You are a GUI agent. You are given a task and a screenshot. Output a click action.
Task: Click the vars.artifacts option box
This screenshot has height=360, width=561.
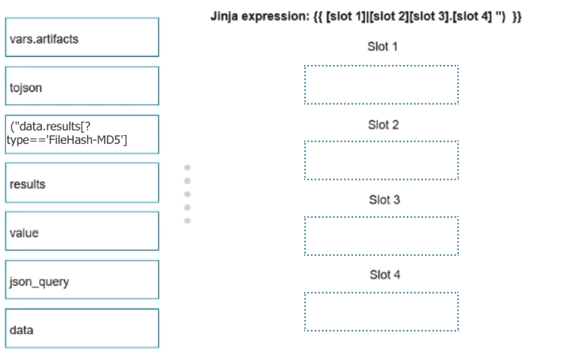(82, 37)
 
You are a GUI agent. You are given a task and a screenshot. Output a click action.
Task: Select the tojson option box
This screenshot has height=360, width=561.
(82, 86)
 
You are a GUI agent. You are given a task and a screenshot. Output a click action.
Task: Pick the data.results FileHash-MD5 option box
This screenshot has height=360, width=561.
(82, 134)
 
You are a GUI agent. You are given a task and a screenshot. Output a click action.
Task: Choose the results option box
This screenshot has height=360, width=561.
(82, 182)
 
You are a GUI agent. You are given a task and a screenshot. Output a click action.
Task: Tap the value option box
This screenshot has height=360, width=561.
(82, 231)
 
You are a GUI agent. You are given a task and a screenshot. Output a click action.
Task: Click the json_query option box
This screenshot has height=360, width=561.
(82, 280)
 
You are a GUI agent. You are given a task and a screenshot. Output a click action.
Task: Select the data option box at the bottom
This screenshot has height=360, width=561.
(82, 328)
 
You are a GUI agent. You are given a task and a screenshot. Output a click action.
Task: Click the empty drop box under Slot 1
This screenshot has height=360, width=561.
(381, 84)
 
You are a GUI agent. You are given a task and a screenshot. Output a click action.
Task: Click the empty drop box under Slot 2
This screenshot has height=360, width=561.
(381, 161)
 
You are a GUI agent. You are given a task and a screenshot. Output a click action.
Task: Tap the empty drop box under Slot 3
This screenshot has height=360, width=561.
(381, 236)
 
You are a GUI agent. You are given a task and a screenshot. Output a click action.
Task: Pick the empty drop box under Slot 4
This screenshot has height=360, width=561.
(381, 312)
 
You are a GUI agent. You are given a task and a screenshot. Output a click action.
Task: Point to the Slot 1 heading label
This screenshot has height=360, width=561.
(382, 47)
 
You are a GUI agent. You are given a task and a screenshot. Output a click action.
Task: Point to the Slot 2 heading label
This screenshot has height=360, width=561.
(383, 125)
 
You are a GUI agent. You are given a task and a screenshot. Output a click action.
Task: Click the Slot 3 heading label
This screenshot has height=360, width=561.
(385, 199)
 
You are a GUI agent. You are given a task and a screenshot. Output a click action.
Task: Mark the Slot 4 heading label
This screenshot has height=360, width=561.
(385, 274)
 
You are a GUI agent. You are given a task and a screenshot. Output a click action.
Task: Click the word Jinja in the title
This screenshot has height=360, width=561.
(224, 16)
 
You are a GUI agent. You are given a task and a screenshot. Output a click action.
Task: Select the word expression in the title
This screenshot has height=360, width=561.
(276, 16)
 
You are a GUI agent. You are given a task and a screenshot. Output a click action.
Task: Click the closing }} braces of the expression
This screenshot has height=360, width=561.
(517, 17)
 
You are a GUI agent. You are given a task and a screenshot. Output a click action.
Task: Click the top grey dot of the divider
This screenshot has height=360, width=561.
(187, 168)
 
